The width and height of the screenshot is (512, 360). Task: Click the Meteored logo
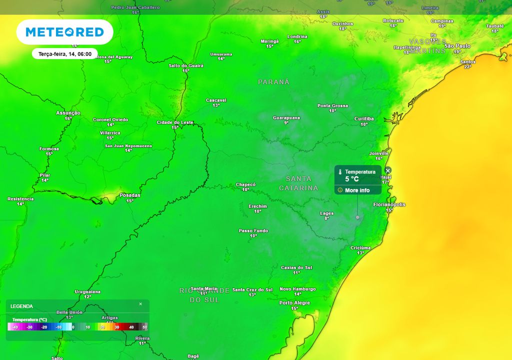point(64,32)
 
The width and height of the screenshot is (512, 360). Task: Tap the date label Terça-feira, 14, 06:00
point(64,53)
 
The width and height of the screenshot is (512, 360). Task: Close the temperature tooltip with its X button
point(388,170)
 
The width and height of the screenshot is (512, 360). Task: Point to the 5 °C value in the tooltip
point(352,178)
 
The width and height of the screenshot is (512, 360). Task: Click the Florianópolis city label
point(389,204)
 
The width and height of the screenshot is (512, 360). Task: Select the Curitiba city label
point(363,118)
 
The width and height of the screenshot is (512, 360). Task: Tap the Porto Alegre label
point(294,303)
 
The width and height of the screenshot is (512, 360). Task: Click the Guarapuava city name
point(286,117)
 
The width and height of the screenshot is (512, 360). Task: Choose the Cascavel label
point(216,100)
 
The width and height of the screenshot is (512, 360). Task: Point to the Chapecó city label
point(245,184)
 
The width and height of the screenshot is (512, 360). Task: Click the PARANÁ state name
point(273,82)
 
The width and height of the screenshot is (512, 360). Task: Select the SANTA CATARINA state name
point(298,183)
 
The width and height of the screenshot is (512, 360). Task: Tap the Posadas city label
point(130,195)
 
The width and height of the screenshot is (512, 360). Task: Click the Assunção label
point(68,113)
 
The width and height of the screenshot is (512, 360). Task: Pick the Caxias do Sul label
point(296,267)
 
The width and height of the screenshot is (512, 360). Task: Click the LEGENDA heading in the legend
point(21,306)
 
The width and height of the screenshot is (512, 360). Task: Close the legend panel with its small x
point(140,304)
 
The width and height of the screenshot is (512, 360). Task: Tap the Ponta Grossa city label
point(332,105)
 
